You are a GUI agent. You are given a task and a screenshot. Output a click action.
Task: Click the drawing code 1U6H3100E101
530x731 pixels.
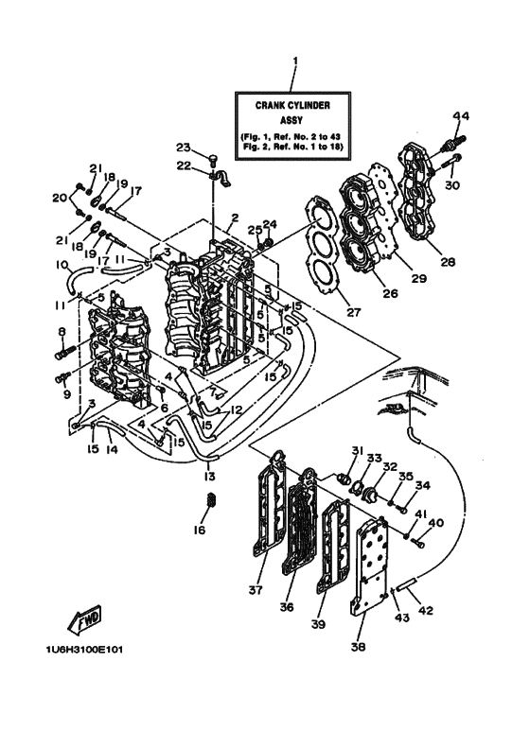[82, 651]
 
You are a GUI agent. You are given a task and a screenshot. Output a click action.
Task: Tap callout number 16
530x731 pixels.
[200, 531]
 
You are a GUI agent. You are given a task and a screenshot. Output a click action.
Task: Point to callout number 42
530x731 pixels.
[426, 611]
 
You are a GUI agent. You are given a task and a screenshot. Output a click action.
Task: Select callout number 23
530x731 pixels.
[184, 147]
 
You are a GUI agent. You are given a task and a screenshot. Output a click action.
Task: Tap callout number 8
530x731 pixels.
[62, 332]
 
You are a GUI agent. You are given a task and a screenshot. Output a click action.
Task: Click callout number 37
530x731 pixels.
[254, 591]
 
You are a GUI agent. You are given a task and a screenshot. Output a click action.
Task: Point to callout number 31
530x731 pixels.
[358, 449]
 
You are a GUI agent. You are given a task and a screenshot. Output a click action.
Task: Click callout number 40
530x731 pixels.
[435, 522]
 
